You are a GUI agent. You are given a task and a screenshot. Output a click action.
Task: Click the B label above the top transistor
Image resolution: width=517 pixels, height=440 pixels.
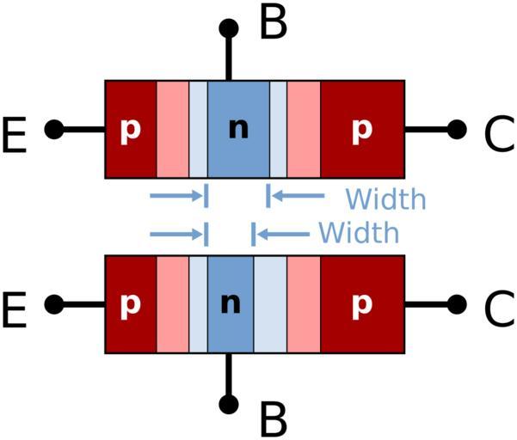tap(273, 23)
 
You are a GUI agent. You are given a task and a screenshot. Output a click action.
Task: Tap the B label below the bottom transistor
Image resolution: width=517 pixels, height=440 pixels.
tap(273, 419)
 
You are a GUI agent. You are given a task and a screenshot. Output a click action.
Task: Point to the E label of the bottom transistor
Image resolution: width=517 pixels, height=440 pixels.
tap(18, 306)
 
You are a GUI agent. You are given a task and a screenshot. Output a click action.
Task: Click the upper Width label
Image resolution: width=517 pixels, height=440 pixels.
tap(385, 199)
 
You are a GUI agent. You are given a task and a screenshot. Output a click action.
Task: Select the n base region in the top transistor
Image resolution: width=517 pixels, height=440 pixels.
tap(237, 129)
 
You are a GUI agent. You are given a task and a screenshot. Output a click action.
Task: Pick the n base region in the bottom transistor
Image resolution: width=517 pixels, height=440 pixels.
tap(230, 304)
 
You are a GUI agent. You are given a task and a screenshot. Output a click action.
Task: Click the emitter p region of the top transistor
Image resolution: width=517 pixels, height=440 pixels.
tap(130, 129)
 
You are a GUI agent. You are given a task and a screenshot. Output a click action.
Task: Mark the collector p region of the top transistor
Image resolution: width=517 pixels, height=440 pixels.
tap(362, 129)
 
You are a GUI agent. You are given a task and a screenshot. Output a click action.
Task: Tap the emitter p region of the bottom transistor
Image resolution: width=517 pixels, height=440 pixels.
tap(130, 304)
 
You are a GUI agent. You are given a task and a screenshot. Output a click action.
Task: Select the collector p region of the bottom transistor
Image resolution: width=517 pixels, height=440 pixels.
tap(362, 304)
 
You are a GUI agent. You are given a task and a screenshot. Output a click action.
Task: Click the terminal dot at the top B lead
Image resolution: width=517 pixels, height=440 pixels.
tap(229, 27)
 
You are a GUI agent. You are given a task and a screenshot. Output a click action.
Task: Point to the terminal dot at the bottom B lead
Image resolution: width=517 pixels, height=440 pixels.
tap(229, 404)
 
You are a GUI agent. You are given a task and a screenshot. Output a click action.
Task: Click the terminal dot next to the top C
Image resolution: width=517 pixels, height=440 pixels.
tap(458, 130)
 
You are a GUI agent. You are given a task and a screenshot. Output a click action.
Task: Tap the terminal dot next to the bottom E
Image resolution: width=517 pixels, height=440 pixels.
tap(53, 304)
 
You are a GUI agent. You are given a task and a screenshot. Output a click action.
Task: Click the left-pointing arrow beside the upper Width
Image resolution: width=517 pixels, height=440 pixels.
tap(295, 197)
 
